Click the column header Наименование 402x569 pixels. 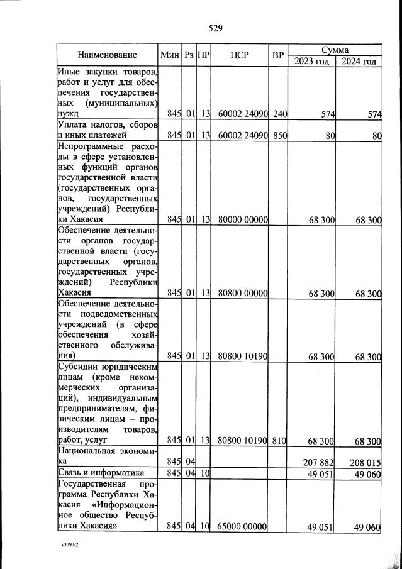pos(107,55)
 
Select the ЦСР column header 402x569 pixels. pos(240,55)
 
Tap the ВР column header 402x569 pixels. pos(279,55)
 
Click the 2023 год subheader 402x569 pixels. pos(311,61)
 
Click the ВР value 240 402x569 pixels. pos(280,114)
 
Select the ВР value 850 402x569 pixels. pos(280,135)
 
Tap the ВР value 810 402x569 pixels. pos(280,441)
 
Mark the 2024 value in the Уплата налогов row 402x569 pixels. pos(376,135)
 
